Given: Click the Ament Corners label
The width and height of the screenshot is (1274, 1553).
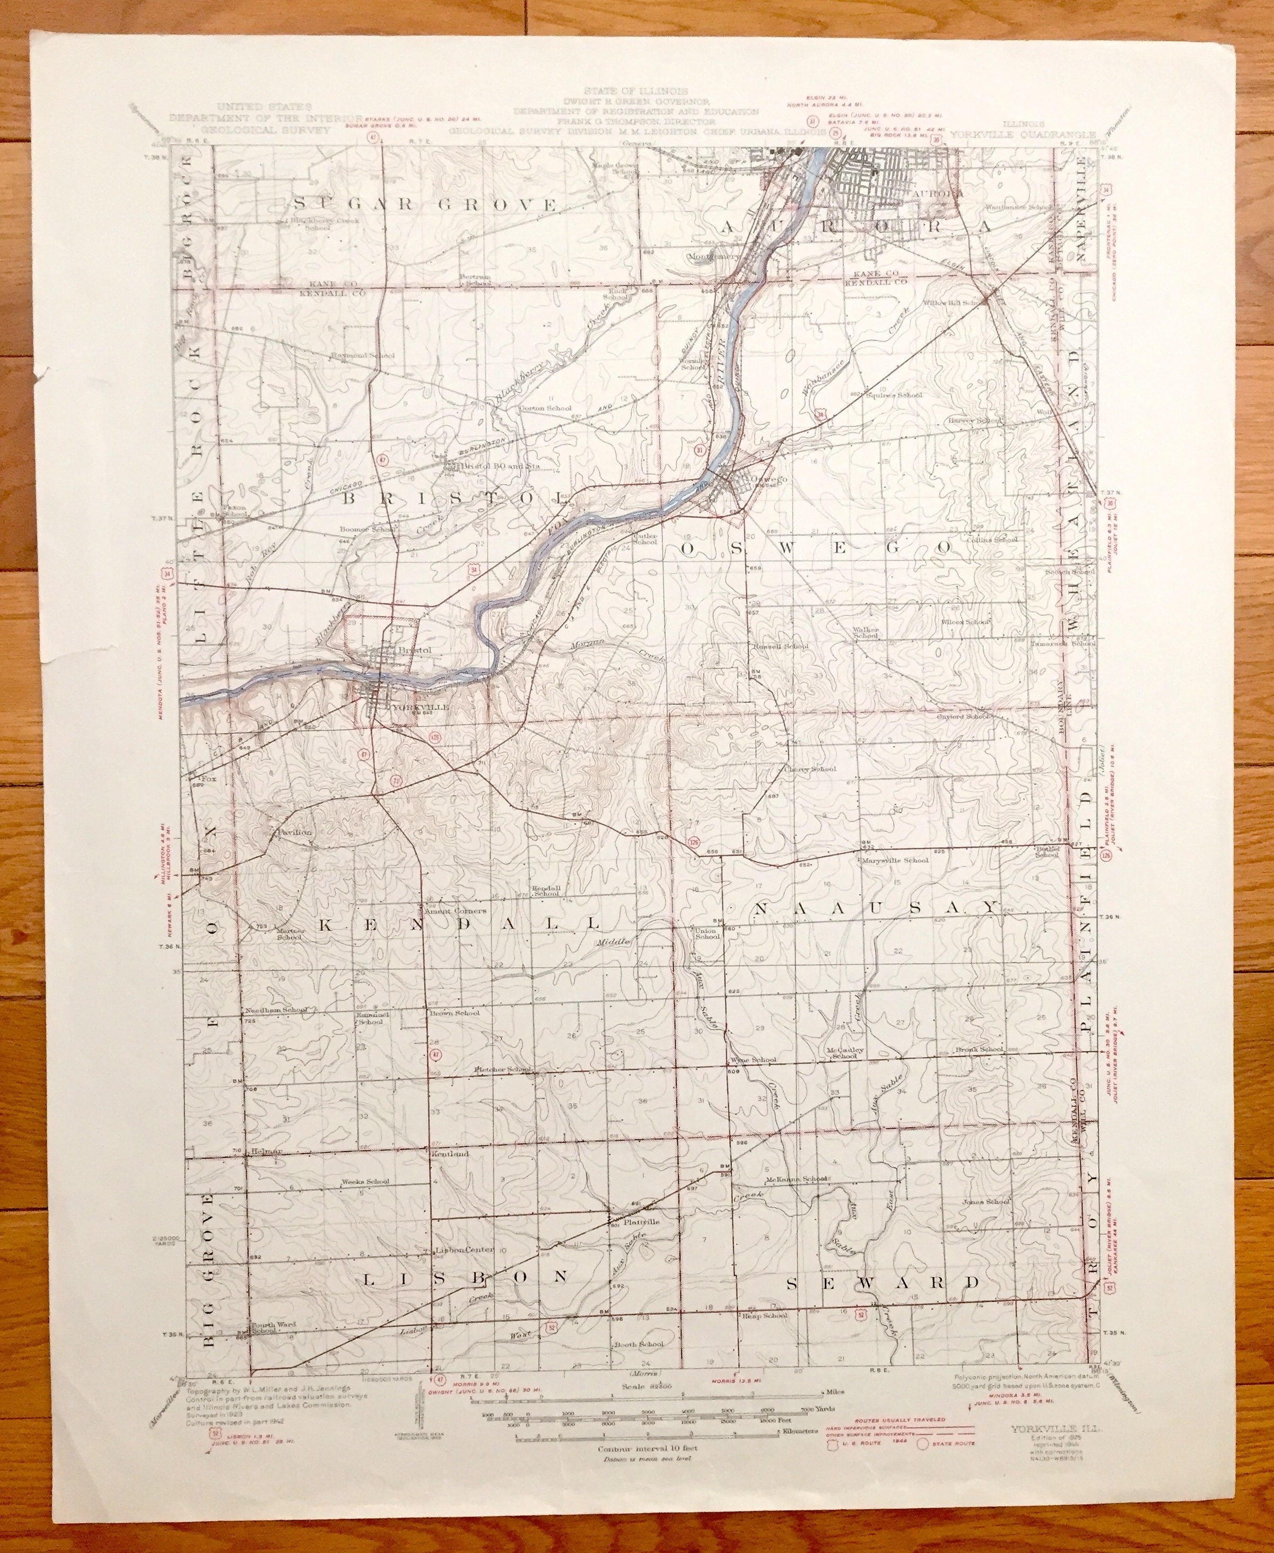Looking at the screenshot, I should pyautogui.click(x=461, y=911).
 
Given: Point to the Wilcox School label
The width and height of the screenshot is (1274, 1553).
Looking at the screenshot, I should pyautogui.click(x=966, y=622).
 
